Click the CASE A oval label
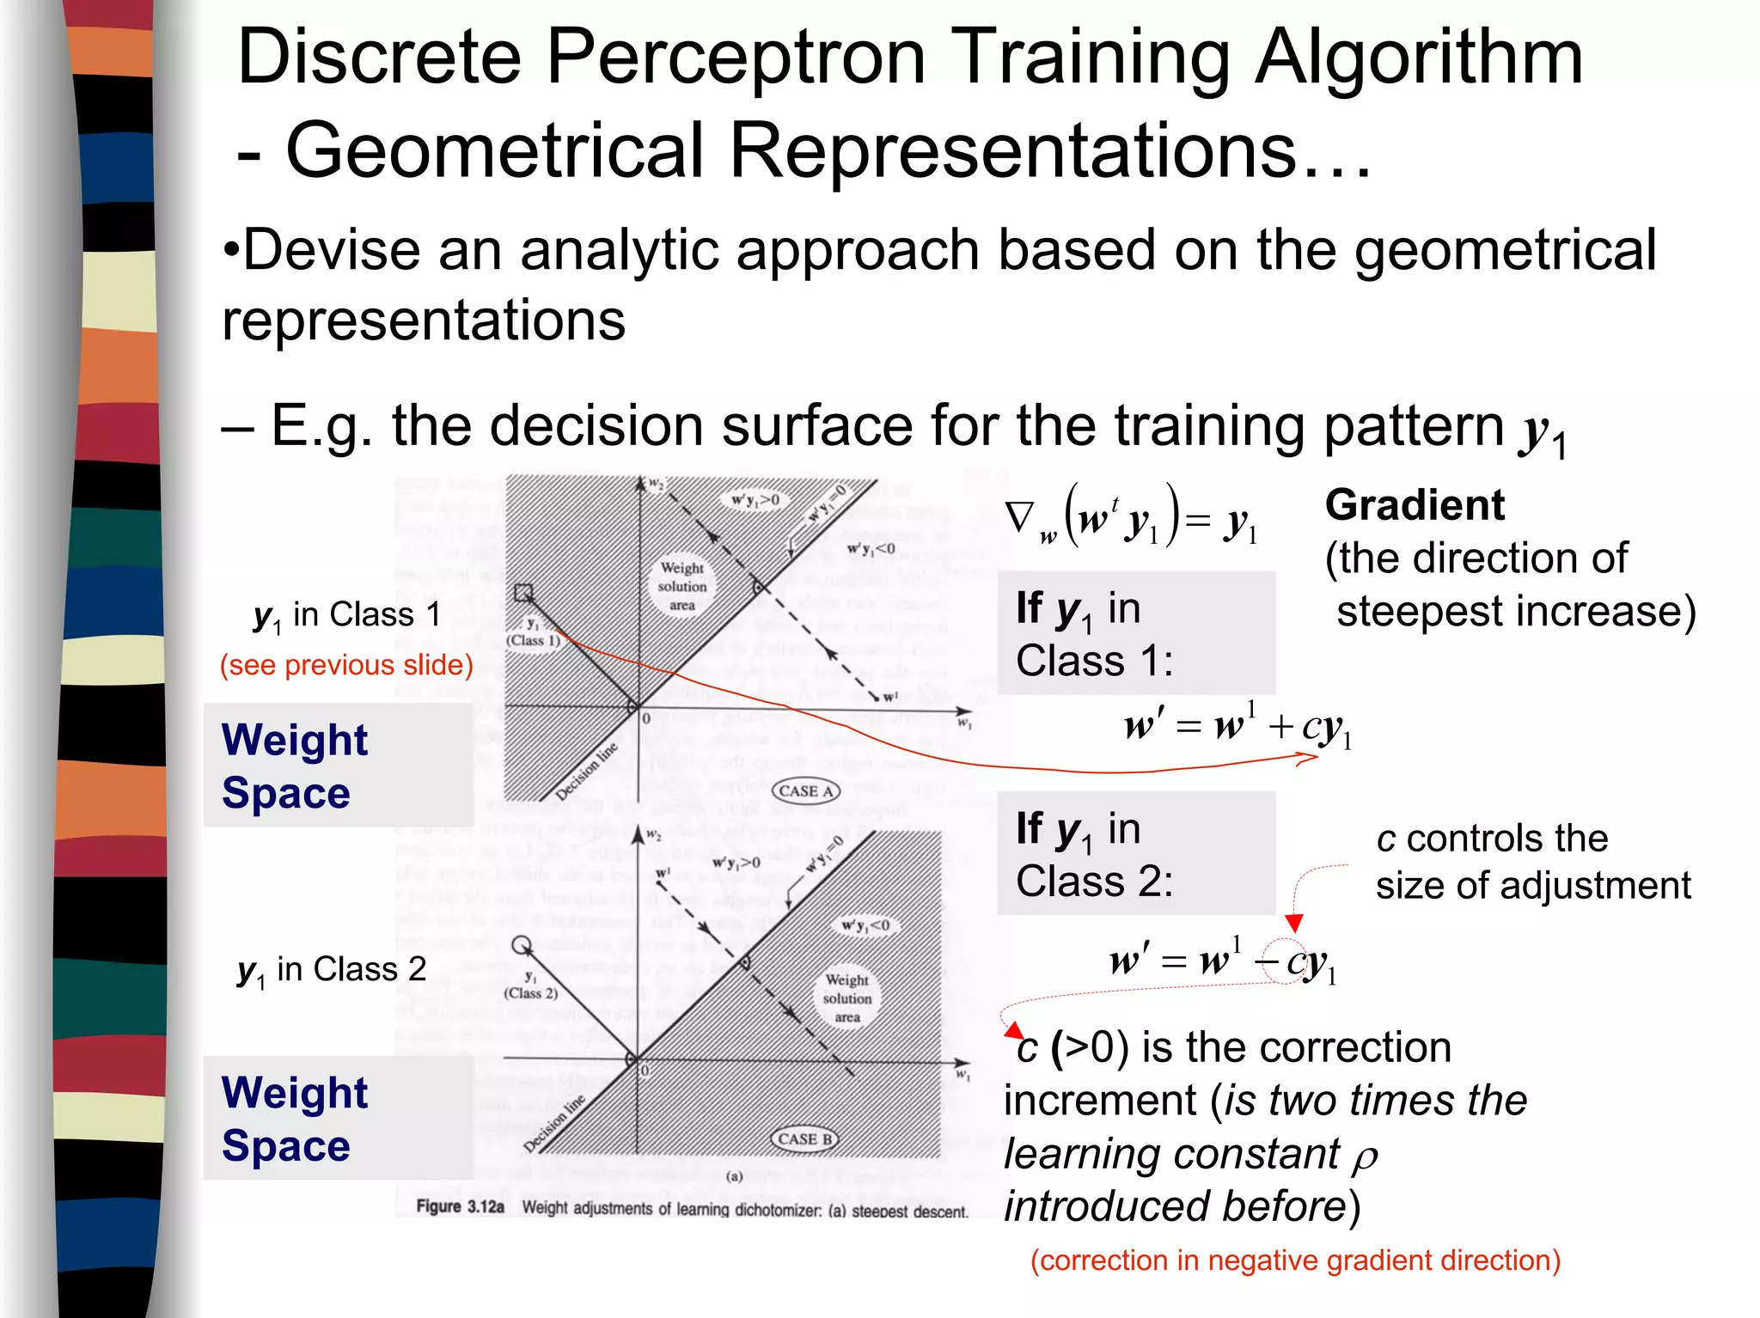[805, 791]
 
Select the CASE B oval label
[804, 1139]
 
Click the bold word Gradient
[1415, 505]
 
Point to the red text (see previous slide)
[346, 665]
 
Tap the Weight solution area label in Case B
[846, 998]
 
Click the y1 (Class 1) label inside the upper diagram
[533, 632]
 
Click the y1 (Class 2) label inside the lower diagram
[530, 985]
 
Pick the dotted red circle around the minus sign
[1286, 961]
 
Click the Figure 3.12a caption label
[460, 1207]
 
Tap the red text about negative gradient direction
[1295, 1260]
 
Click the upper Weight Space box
[338, 766]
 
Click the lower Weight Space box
[338, 1119]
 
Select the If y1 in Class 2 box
[1136, 854]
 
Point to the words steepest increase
[1515, 613]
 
